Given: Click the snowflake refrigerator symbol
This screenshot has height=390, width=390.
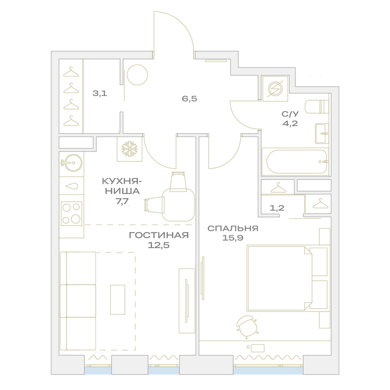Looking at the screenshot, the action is tap(130, 149).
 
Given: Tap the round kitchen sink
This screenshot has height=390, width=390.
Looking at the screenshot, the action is tap(72, 163).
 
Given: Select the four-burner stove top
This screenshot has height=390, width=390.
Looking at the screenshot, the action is tap(71, 214).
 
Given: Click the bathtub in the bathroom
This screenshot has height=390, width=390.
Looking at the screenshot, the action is tap(296, 162).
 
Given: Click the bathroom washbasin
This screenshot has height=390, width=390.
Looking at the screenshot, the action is tap(322, 133).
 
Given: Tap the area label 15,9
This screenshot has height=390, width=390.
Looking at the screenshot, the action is tap(233, 238).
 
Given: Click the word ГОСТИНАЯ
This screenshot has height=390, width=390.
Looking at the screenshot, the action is tap(159, 235).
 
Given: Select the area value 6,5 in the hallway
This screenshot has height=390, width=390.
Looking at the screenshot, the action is tap(189, 99).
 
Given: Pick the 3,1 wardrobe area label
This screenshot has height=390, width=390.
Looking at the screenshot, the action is tap(100, 94).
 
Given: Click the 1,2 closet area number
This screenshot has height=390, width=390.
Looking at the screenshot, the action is tap(277, 208).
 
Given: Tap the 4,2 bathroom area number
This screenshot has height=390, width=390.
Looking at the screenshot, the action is tap(290, 123).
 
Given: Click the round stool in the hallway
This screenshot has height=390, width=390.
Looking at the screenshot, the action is tap(137, 75).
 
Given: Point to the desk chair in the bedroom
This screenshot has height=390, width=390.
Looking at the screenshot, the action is tap(247, 326).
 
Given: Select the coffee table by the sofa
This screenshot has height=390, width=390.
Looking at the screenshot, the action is tap(117, 299).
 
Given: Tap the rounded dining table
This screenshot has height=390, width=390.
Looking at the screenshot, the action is tap(178, 204).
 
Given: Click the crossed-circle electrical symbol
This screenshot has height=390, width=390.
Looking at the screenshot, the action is tap(275, 89).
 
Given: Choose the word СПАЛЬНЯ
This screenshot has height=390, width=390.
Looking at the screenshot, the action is tap(233, 228).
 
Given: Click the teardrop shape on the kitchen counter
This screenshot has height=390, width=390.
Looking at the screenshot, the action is tap(71, 186).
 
